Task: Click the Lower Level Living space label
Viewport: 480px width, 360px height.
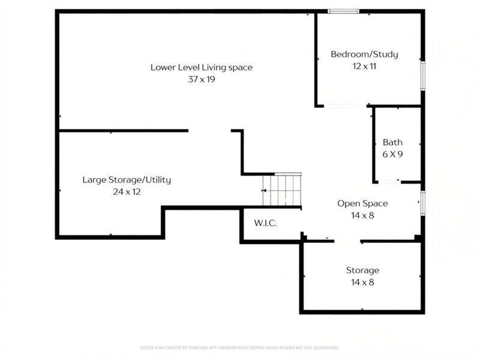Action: [201, 67]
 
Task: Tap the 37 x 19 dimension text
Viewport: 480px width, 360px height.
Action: [201, 79]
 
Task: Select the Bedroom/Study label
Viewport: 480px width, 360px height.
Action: [364, 55]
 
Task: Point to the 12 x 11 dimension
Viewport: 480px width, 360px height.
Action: [364, 66]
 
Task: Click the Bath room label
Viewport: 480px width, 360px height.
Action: [392, 143]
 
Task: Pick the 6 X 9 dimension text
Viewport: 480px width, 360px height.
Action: [392, 154]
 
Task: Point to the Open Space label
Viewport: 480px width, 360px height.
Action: [362, 203]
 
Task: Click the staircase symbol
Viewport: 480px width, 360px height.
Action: [283, 190]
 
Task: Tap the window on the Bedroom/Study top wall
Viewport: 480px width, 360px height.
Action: [343, 11]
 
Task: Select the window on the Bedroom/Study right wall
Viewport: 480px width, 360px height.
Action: [422, 76]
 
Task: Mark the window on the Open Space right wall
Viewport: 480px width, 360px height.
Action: [422, 202]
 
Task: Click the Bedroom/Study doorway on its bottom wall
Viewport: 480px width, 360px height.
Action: [345, 106]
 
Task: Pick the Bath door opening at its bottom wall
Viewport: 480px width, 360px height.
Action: [389, 182]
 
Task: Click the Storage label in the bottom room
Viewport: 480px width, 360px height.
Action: [362, 271]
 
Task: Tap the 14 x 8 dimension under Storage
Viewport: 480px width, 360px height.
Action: [362, 282]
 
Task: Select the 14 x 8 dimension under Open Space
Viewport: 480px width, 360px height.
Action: [362, 215]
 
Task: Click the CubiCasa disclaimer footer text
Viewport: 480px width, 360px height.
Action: [239, 347]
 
